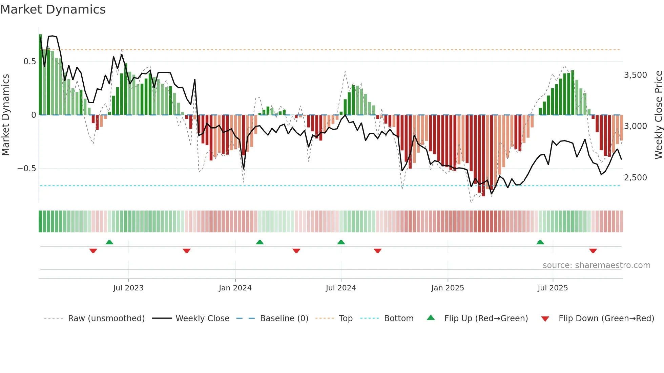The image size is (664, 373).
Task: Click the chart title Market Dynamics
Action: pyautogui.click(x=53, y=9)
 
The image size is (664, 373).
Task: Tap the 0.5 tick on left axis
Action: pyautogui.click(x=29, y=62)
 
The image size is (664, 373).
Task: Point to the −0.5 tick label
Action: pyautogui.click(x=26, y=169)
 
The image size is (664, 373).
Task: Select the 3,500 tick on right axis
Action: pyautogui.click(x=635, y=75)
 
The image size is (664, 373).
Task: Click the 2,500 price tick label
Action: pyautogui.click(x=635, y=178)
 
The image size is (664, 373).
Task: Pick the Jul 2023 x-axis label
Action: pyautogui.click(x=128, y=288)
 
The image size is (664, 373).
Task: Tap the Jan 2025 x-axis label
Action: pyautogui.click(x=448, y=288)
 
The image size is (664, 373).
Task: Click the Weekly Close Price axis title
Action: pyautogui.click(x=658, y=115)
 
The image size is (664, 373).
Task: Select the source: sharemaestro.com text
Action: pyautogui.click(x=596, y=265)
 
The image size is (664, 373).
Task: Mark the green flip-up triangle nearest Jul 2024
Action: pyautogui.click(x=341, y=242)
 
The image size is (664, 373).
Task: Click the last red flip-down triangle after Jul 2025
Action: pyautogui.click(x=593, y=251)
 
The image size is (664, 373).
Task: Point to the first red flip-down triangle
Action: pyautogui.click(x=93, y=251)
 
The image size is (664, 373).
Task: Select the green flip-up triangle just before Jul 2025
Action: pyautogui.click(x=540, y=242)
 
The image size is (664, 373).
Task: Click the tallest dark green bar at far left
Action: pyautogui.click(x=40, y=74)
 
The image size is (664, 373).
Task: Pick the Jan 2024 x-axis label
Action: pyautogui.click(x=235, y=288)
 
